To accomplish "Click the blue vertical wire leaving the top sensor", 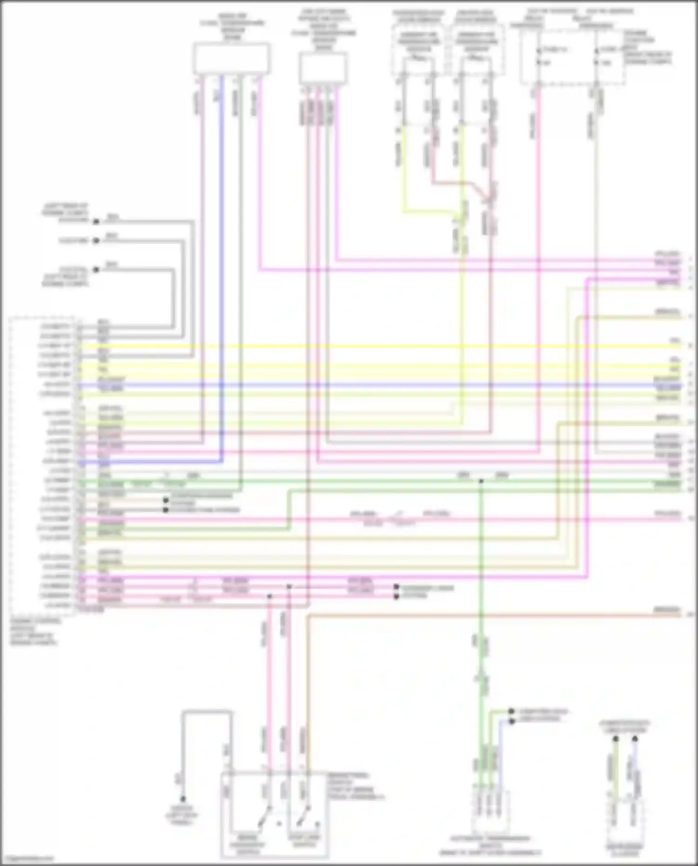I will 221,233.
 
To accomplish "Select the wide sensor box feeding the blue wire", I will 231,58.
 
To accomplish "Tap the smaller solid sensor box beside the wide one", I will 322,68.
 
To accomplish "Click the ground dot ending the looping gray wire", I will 183,799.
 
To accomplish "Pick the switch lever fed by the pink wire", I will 265,817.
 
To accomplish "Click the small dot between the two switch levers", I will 279,824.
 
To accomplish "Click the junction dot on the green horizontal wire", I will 481,481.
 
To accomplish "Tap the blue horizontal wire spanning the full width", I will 372,385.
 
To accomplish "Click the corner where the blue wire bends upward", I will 221,462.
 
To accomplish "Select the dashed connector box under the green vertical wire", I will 491,812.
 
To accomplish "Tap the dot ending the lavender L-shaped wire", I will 511,722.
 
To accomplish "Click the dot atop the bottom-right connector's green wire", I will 615,738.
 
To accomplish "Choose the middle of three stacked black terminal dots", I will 96,241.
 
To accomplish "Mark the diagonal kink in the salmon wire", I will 479,191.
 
